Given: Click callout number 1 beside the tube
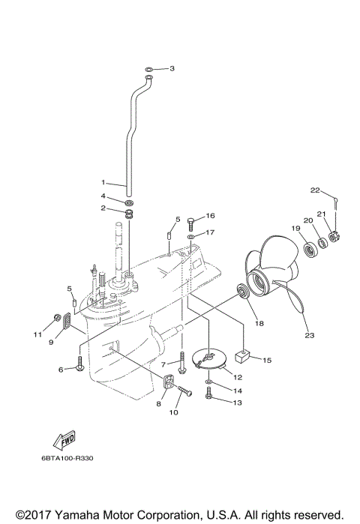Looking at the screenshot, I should click(x=104, y=182).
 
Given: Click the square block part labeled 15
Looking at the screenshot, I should click(x=242, y=356).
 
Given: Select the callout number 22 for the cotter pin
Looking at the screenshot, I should click(x=316, y=190).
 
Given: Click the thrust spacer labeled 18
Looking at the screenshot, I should click(x=244, y=291).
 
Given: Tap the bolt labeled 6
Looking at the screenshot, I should click(x=79, y=366).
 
